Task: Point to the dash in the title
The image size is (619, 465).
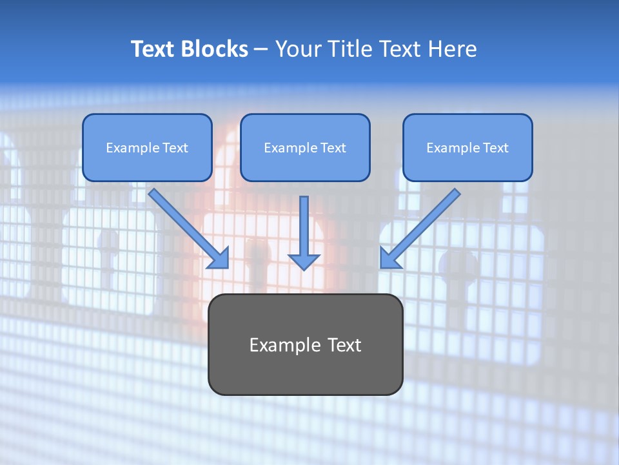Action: click(x=261, y=50)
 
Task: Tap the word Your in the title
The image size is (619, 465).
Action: click(x=299, y=49)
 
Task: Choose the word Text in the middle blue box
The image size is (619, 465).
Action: click(x=333, y=148)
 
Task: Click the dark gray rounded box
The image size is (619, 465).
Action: click(x=305, y=375)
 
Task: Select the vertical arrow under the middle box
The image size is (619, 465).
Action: click(x=304, y=232)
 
